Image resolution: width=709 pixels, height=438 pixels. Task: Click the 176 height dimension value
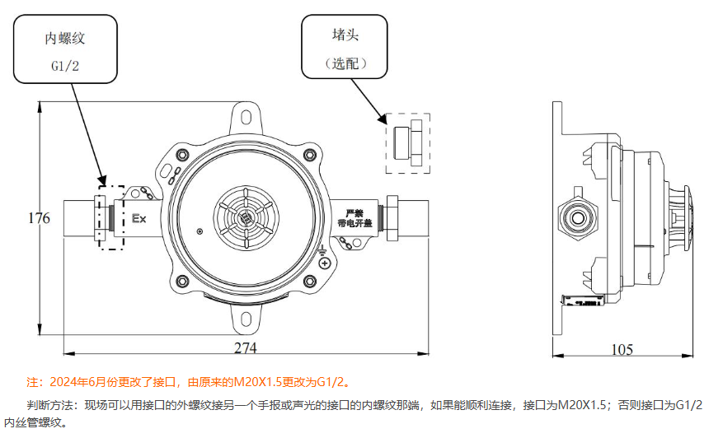39,218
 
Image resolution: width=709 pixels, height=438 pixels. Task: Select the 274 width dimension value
245,348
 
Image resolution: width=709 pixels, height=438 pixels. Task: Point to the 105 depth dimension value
622,349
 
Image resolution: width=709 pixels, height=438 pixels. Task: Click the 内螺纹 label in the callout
65,38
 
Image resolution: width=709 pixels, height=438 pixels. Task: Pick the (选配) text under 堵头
345,63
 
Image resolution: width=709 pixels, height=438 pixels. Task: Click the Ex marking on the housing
139,219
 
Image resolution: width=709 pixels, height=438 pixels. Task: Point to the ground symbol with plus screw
326,263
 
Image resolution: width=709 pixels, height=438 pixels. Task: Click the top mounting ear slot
245,115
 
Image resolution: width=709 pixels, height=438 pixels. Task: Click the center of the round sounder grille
245,218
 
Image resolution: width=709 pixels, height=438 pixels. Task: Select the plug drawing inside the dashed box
407,142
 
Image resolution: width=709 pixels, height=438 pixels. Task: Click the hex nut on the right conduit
393,218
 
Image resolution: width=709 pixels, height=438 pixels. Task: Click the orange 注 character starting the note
33,382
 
